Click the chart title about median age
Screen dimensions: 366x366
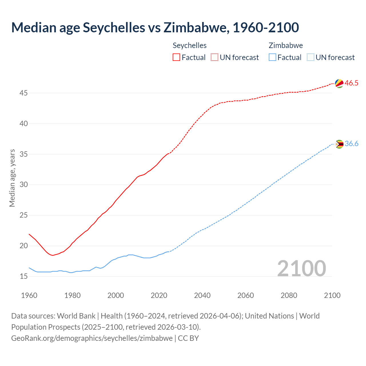pos(155,27)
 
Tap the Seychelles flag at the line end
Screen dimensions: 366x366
pos(339,83)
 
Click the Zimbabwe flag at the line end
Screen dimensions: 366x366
pos(339,144)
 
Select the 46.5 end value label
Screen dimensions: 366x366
pos(351,83)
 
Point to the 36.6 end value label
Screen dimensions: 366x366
pos(351,144)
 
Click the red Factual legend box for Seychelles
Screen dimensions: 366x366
pos(176,57)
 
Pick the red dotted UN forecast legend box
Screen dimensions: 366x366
pos(214,57)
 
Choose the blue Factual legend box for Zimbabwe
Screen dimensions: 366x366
pos(272,57)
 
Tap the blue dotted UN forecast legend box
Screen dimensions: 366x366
pos(311,57)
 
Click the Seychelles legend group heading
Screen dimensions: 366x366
pos(190,45)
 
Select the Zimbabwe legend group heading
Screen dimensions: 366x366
pos(286,45)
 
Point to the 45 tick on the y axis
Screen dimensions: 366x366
pos(24,93)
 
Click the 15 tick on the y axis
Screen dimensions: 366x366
pos(24,277)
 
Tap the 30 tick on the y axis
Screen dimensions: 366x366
pos(24,185)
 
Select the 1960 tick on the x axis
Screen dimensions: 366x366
pos(29,295)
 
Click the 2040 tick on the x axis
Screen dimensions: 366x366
pos(202,295)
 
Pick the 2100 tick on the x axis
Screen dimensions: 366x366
pos(332,295)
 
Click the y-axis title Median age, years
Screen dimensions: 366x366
pos(12,178)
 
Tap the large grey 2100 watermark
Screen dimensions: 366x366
pos(301,268)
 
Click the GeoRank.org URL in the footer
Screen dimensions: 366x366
pos(92,338)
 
